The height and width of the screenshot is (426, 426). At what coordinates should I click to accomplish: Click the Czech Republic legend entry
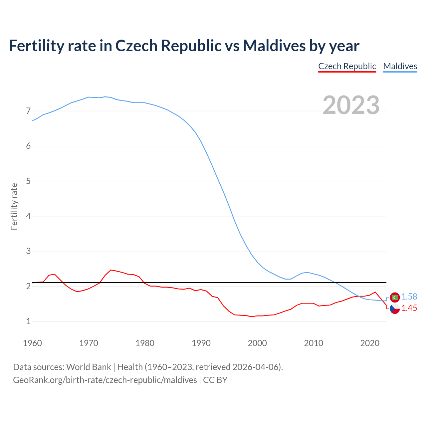click(x=347, y=66)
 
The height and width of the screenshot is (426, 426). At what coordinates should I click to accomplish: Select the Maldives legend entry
click(x=400, y=66)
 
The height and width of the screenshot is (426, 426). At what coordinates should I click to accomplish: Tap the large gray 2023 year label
click(x=351, y=105)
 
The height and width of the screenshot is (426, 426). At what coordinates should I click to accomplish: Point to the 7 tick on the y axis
click(x=28, y=111)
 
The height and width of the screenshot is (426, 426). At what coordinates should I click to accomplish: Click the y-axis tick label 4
click(x=28, y=216)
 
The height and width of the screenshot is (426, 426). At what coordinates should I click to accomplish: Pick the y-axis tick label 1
click(x=28, y=321)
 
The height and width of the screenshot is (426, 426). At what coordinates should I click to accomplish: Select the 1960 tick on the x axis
click(x=32, y=343)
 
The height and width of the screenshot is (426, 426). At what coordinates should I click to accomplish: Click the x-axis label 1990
click(x=201, y=343)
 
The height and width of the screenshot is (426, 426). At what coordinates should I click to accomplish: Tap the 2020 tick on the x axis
click(x=370, y=343)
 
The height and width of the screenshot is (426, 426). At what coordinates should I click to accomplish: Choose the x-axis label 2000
click(x=257, y=343)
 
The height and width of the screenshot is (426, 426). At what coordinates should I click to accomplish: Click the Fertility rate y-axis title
click(x=14, y=206)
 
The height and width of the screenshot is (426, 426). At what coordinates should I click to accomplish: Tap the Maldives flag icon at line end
click(x=395, y=297)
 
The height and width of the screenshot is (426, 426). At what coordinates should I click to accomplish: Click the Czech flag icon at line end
click(x=395, y=309)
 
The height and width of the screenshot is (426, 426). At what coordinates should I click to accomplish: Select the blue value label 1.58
click(x=409, y=297)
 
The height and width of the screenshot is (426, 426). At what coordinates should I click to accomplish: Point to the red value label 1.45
click(x=409, y=308)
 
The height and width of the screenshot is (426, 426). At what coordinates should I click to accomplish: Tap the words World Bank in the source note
click(x=89, y=367)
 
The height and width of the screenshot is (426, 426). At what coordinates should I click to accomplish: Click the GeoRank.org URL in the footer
click(x=105, y=380)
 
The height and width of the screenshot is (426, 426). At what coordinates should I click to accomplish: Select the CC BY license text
click(x=215, y=380)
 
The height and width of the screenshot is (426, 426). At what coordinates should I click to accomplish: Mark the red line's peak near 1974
click(x=111, y=270)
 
